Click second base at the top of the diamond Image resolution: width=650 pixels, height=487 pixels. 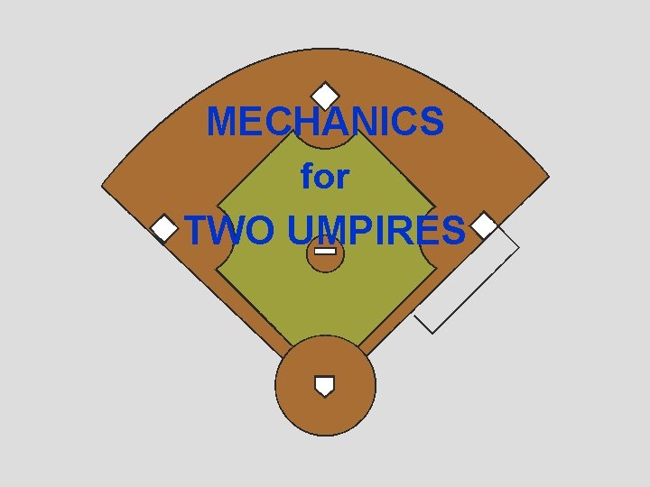pos(325,95)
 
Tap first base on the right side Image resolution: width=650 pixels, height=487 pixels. pos(485,225)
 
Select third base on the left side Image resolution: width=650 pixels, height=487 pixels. pos(164,229)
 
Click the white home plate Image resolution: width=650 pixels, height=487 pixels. pos(324,386)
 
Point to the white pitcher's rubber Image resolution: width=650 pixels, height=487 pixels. pos(325,250)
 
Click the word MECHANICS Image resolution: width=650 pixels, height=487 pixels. pos(325,123)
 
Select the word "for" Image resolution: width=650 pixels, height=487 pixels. pos(325,178)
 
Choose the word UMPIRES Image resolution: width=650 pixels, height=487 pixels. pos(377,231)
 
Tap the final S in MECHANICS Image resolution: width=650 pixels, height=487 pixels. pos(431,123)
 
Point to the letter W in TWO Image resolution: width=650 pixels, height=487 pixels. pos(231,231)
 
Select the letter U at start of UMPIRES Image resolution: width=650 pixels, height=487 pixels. pos(303,231)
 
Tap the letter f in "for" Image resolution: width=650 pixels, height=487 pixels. pos(307,177)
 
